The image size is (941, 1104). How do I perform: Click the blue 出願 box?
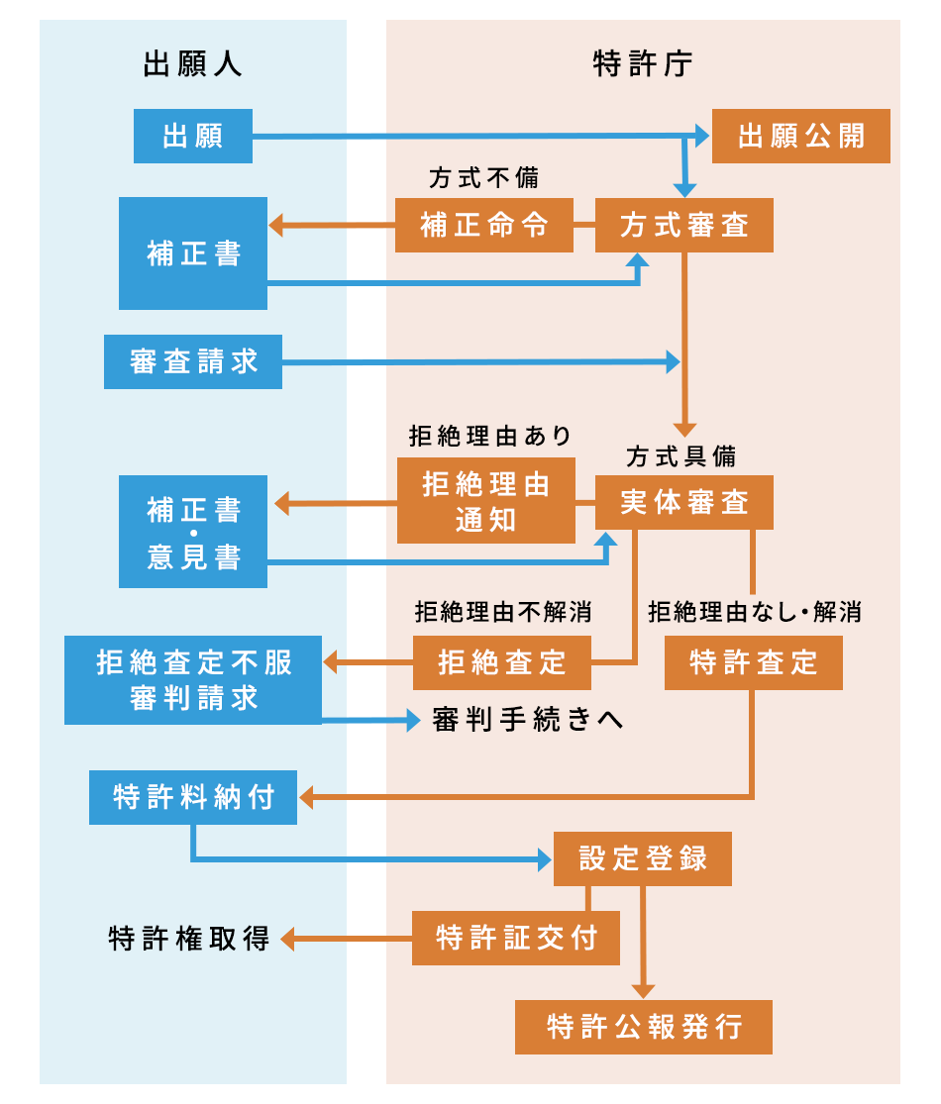click(x=192, y=137)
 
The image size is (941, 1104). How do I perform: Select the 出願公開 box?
click(x=800, y=137)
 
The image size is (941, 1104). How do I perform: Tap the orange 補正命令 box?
click(x=484, y=226)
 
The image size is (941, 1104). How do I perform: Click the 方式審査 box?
click(x=683, y=226)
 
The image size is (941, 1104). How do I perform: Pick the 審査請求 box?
click(x=193, y=361)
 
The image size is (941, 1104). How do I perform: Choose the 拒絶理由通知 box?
click(x=485, y=500)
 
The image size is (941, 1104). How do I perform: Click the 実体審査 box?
click(x=683, y=503)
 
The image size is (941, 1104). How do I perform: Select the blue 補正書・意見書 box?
click(x=193, y=532)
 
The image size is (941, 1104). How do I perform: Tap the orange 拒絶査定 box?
click(x=501, y=662)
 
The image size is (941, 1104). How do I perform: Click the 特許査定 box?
click(x=753, y=662)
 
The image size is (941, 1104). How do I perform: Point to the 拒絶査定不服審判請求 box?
click(x=193, y=680)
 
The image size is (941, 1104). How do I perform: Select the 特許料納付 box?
click(x=193, y=797)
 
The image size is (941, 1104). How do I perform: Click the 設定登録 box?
click(x=642, y=858)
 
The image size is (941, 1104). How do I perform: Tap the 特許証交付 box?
click(x=515, y=938)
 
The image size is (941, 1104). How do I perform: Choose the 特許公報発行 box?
click(x=644, y=1027)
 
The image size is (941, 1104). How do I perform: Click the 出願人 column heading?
click(x=193, y=65)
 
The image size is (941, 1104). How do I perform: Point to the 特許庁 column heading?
click(x=643, y=65)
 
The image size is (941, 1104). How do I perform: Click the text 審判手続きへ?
click(x=528, y=721)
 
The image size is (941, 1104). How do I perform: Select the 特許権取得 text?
click(x=189, y=938)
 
